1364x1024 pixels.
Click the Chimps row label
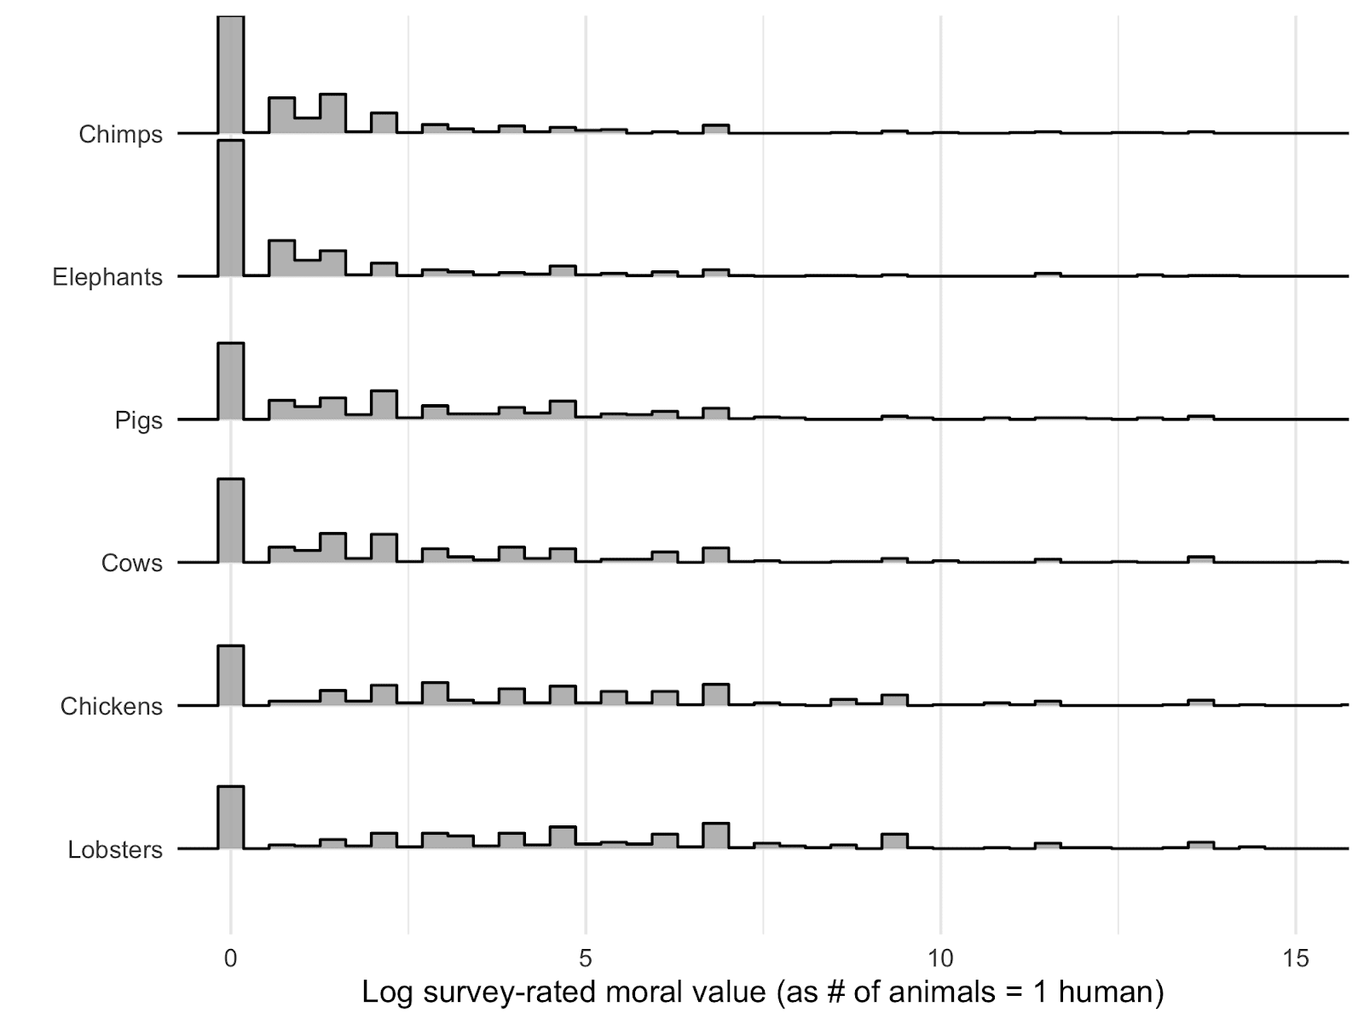click(x=120, y=135)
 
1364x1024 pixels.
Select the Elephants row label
click(x=107, y=277)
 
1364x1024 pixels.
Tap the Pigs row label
click(x=138, y=420)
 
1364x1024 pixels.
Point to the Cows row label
click(x=131, y=563)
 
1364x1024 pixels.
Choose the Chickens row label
click(x=111, y=706)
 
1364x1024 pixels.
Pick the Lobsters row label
click(x=115, y=850)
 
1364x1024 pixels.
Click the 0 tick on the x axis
click(x=230, y=958)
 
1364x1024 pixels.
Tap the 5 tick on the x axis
click(x=586, y=958)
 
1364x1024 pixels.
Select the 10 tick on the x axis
click(x=940, y=958)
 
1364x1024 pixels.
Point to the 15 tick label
click(x=1295, y=958)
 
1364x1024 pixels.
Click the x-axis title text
click(x=762, y=992)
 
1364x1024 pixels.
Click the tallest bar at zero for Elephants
click(x=231, y=209)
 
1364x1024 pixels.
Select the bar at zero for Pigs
click(x=231, y=382)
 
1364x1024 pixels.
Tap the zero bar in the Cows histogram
click(x=231, y=521)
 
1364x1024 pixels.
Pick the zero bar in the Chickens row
click(x=231, y=676)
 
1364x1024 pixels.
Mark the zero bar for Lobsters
click(x=231, y=818)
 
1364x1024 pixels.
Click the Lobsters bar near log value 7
click(x=716, y=836)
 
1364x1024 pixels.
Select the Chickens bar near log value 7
click(x=716, y=695)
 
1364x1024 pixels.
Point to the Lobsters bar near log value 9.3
click(x=894, y=842)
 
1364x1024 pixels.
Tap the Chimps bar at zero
click(x=231, y=75)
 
